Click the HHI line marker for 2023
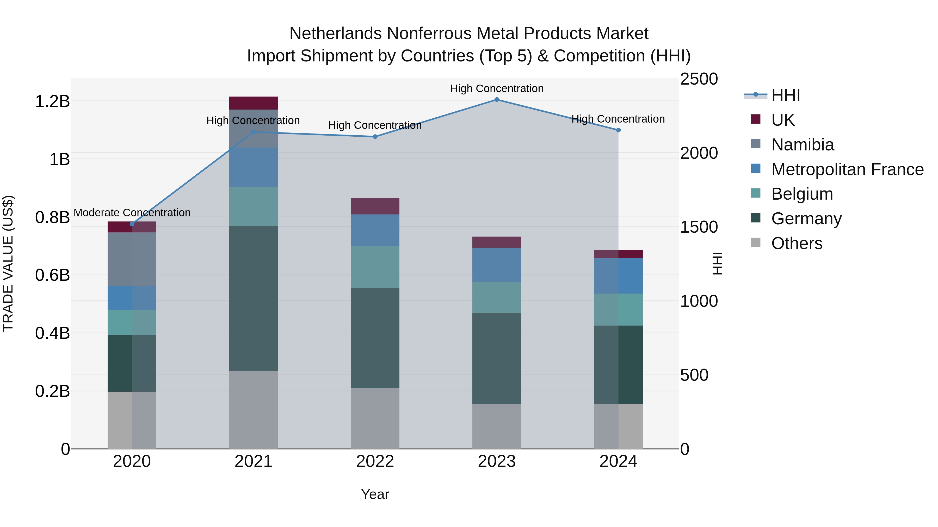click(x=497, y=99)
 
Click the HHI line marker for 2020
click(x=132, y=224)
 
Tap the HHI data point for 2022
click(x=375, y=137)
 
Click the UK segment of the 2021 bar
click(x=254, y=103)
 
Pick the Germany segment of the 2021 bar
click(x=254, y=298)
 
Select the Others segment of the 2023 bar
click(x=497, y=426)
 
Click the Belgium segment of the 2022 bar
click(x=375, y=267)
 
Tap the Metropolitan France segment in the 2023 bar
click(x=497, y=265)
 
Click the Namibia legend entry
click(x=802, y=145)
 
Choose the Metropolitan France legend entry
click(x=847, y=169)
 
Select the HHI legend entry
click(x=785, y=95)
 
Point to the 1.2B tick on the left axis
click(x=52, y=101)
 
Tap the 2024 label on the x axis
click(x=618, y=461)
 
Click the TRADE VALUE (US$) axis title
click(x=8, y=263)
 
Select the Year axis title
click(x=375, y=494)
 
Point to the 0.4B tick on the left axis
click(x=52, y=333)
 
